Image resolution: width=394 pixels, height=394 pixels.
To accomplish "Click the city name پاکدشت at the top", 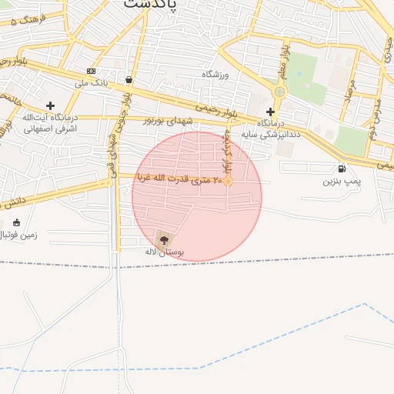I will pyautogui.click(x=150, y=4).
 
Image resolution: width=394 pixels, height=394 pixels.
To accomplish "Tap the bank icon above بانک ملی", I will pyautogui.click(x=92, y=71).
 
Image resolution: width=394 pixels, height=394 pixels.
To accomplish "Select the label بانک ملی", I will pyautogui.click(x=90, y=82).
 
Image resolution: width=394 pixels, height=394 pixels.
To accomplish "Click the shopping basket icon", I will pyautogui.click(x=128, y=79).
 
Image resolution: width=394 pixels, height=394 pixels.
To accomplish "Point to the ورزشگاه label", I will pyautogui.click(x=216, y=75).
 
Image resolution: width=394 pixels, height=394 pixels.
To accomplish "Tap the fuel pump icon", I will pyautogui.click(x=341, y=169).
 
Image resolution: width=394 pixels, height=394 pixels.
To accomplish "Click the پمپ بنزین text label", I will pyautogui.click(x=341, y=182).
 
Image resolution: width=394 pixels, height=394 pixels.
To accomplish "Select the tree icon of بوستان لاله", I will pyautogui.click(x=164, y=240).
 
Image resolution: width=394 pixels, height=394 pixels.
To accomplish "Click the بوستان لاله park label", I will pyautogui.click(x=164, y=252).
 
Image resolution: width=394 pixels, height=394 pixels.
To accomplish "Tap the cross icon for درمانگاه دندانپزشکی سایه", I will pyautogui.click(x=270, y=112).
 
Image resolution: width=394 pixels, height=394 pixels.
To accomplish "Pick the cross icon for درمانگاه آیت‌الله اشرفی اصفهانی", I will pyautogui.click(x=51, y=105).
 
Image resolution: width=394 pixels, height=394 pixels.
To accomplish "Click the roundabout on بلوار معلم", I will pyautogui.click(x=279, y=92).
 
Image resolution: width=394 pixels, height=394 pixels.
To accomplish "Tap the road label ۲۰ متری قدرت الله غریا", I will pyautogui.click(x=180, y=179).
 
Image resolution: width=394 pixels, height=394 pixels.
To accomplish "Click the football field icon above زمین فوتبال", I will pyautogui.click(x=17, y=222).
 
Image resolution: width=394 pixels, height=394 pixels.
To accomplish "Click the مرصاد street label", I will pyautogui.click(x=350, y=92).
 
